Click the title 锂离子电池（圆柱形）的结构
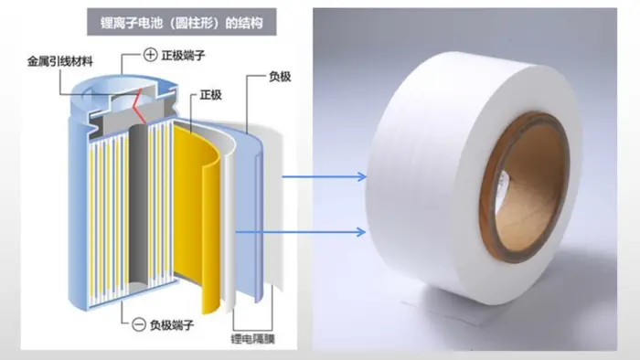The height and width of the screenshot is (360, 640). point(182,23)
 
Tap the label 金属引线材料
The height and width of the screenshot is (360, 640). point(60,61)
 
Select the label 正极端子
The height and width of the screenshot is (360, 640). point(183,55)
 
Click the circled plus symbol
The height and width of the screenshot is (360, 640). point(151,55)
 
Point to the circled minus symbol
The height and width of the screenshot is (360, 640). point(139,324)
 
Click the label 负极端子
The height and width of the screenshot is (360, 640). point(172,325)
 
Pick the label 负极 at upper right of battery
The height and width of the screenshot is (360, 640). point(280,76)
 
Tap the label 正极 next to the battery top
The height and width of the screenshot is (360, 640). point(211,95)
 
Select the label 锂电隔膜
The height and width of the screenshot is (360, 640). point(253,338)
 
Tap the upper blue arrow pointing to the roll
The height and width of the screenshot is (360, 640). point(325,177)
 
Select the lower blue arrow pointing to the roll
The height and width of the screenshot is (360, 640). point(301,232)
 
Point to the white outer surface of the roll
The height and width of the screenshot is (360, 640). point(424,175)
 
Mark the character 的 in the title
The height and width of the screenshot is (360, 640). point(231,23)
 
